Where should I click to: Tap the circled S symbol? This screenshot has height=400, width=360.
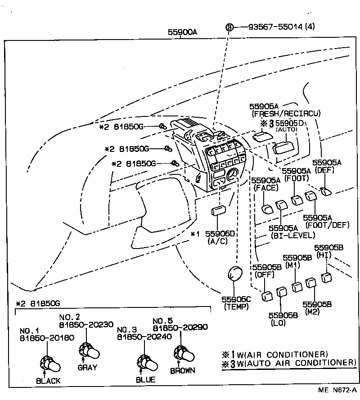click(230, 27)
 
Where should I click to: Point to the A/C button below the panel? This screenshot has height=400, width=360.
click(218, 211)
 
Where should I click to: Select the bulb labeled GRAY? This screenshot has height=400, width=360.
click(87, 349)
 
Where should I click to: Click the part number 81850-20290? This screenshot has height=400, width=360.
click(180, 327)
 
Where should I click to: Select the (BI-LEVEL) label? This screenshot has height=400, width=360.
click(293, 235)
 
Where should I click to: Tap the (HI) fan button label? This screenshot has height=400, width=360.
click(324, 255)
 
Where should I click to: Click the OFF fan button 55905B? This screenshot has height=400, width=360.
click(267, 296)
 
